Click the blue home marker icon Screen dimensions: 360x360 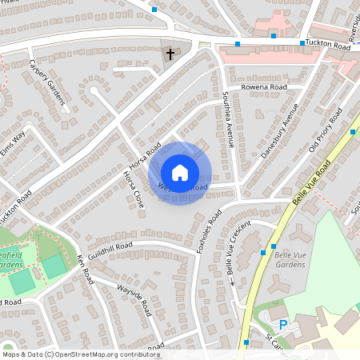[180, 172]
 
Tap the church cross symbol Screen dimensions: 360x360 [170, 54]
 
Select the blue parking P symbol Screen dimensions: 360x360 [282, 325]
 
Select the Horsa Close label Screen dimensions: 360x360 [133, 189]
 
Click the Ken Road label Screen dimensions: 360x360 [85, 270]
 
